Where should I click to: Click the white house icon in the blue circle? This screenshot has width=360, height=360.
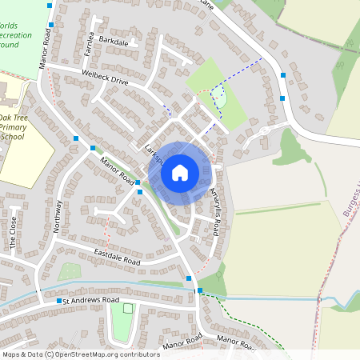180,172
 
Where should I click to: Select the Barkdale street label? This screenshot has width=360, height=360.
114,40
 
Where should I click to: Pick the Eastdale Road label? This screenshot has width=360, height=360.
117,258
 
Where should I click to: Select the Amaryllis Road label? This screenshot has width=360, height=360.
214,213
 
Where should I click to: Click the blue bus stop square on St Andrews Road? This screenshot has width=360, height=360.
59,301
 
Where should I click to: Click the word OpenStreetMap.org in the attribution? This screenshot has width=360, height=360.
106,354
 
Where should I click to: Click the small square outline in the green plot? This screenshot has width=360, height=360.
127,308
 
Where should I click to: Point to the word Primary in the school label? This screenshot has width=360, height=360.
14,126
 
